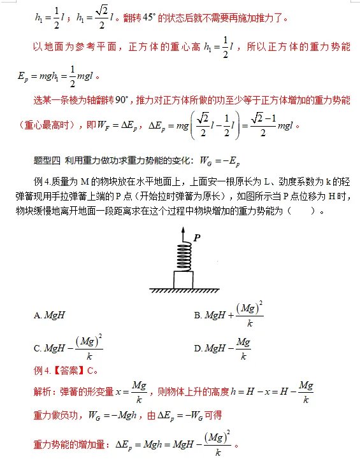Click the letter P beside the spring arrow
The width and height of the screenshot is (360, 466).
coord(197,237)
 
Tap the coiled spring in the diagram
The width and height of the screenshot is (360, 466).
coord(184,257)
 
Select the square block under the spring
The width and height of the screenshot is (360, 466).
coord(184,279)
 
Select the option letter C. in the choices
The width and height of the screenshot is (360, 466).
coord(38,348)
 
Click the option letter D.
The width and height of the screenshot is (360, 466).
coord(198,348)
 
